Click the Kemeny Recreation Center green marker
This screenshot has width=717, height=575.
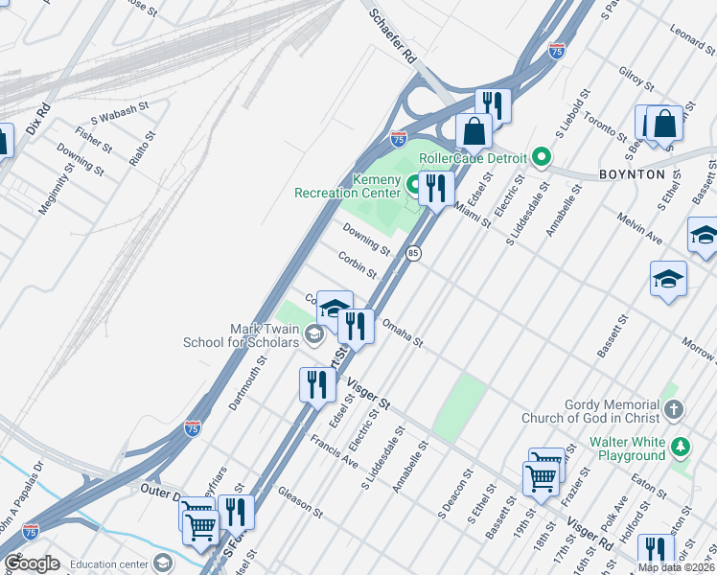pyautogui.click(x=415, y=182)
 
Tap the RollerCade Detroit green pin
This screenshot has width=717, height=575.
pyautogui.click(x=541, y=157)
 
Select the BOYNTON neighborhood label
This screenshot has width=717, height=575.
pyautogui.click(x=632, y=174)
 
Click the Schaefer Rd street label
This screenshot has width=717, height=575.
pyautogui.click(x=395, y=35)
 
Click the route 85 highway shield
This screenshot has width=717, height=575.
pyautogui.click(x=413, y=253)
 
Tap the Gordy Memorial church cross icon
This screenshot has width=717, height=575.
pyautogui.click(x=674, y=411)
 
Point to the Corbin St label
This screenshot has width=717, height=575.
pyautogui.click(x=357, y=264)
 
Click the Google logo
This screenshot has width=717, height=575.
pyautogui.click(x=33, y=563)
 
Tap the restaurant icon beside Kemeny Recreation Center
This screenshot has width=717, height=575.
pyautogui.click(x=436, y=187)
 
